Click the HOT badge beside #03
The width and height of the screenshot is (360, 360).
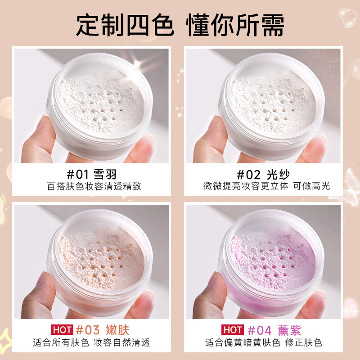pos(60,330)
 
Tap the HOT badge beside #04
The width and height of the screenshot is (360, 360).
pos(232,330)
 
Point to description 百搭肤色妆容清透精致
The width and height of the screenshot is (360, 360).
pos(94,186)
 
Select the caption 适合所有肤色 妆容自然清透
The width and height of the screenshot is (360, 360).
pos(92,342)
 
